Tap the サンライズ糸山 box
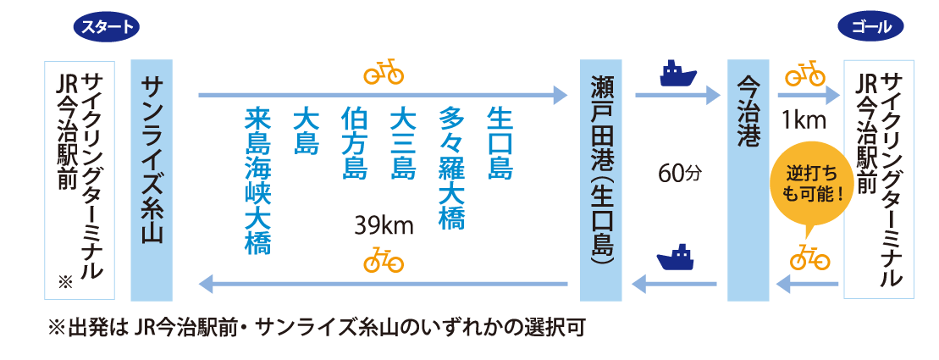tap(152, 180)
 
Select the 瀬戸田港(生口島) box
tap(601, 180)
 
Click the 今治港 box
tap(748, 180)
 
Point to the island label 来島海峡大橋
tap(256, 180)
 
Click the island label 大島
tap(305, 130)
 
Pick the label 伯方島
tap(354, 142)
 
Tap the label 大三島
tap(403, 142)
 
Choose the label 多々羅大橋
tap(452, 168)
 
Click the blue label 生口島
tap(500, 142)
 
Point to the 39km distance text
tap(384, 226)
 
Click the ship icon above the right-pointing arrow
tap(677, 74)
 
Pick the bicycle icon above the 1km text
tap(805, 74)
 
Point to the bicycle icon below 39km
tap(384, 259)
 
